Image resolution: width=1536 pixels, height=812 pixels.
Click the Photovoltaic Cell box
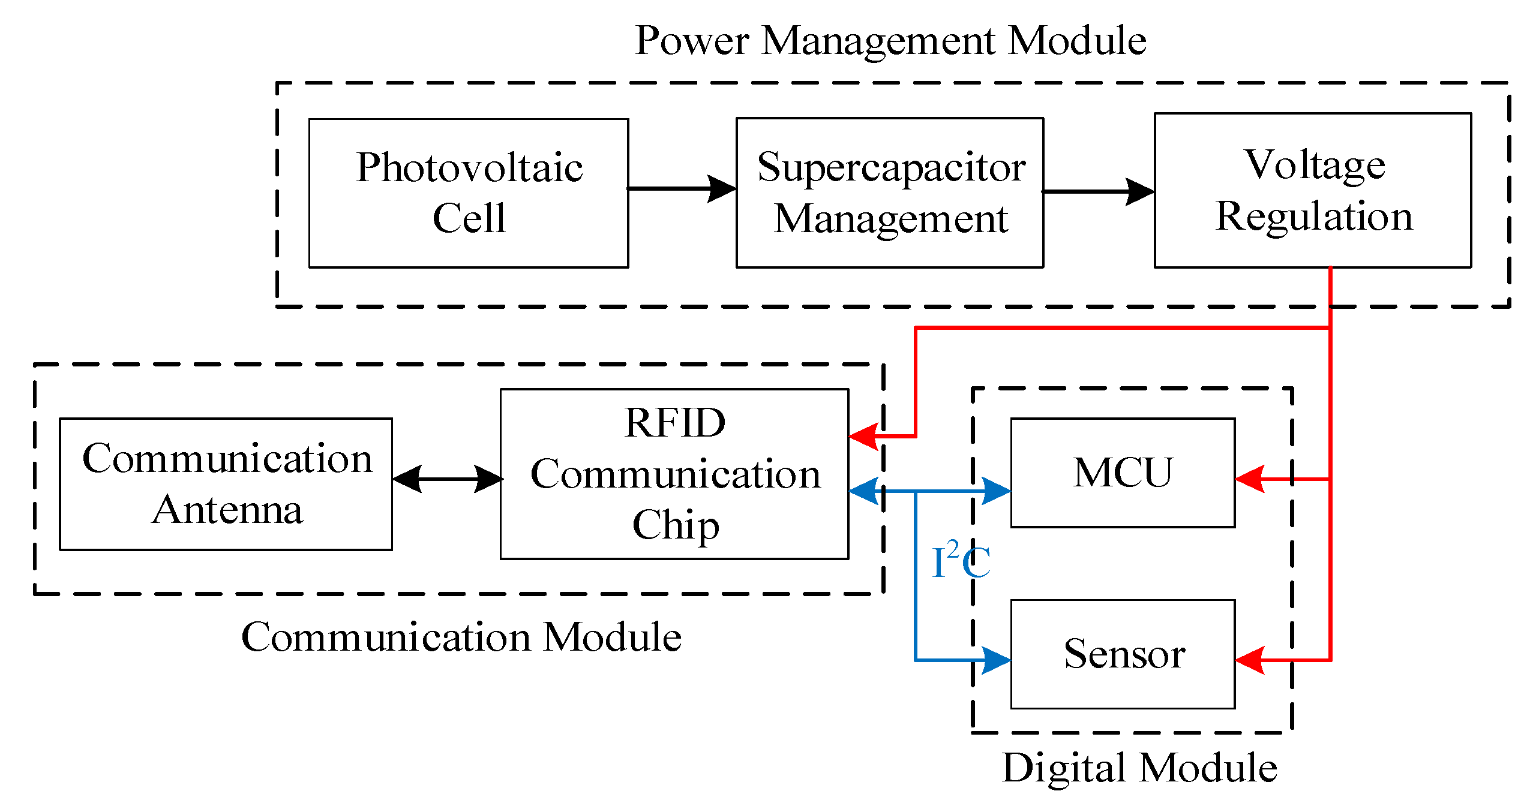(x=469, y=193)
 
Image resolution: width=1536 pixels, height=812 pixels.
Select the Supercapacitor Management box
(x=890, y=193)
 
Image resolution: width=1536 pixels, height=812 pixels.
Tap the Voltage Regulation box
(x=1313, y=191)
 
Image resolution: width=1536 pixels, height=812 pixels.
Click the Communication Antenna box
(x=226, y=484)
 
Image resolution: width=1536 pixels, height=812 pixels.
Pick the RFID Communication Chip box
(x=674, y=474)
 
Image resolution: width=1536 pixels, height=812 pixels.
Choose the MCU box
(x=1123, y=473)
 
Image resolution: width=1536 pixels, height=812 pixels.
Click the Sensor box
(x=1123, y=654)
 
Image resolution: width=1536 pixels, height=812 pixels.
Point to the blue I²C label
(x=961, y=561)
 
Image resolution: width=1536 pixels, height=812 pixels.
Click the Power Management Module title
(x=890, y=41)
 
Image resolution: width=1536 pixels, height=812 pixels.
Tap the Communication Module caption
(x=461, y=637)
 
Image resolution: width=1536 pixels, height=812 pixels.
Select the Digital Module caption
(x=1139, y=767)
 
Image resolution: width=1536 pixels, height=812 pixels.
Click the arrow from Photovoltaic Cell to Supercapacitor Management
(x=682, y=188)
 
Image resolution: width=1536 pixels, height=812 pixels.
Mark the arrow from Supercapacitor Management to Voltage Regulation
(x=1098, y=192)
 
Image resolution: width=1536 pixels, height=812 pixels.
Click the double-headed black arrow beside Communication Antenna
(x=447, y=479)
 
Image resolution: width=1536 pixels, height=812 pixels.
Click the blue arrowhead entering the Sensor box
(x=997, y=660)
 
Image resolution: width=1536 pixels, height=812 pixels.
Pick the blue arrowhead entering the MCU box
(x=997, y=491)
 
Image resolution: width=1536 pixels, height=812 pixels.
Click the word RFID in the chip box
(x=674, y=423)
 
